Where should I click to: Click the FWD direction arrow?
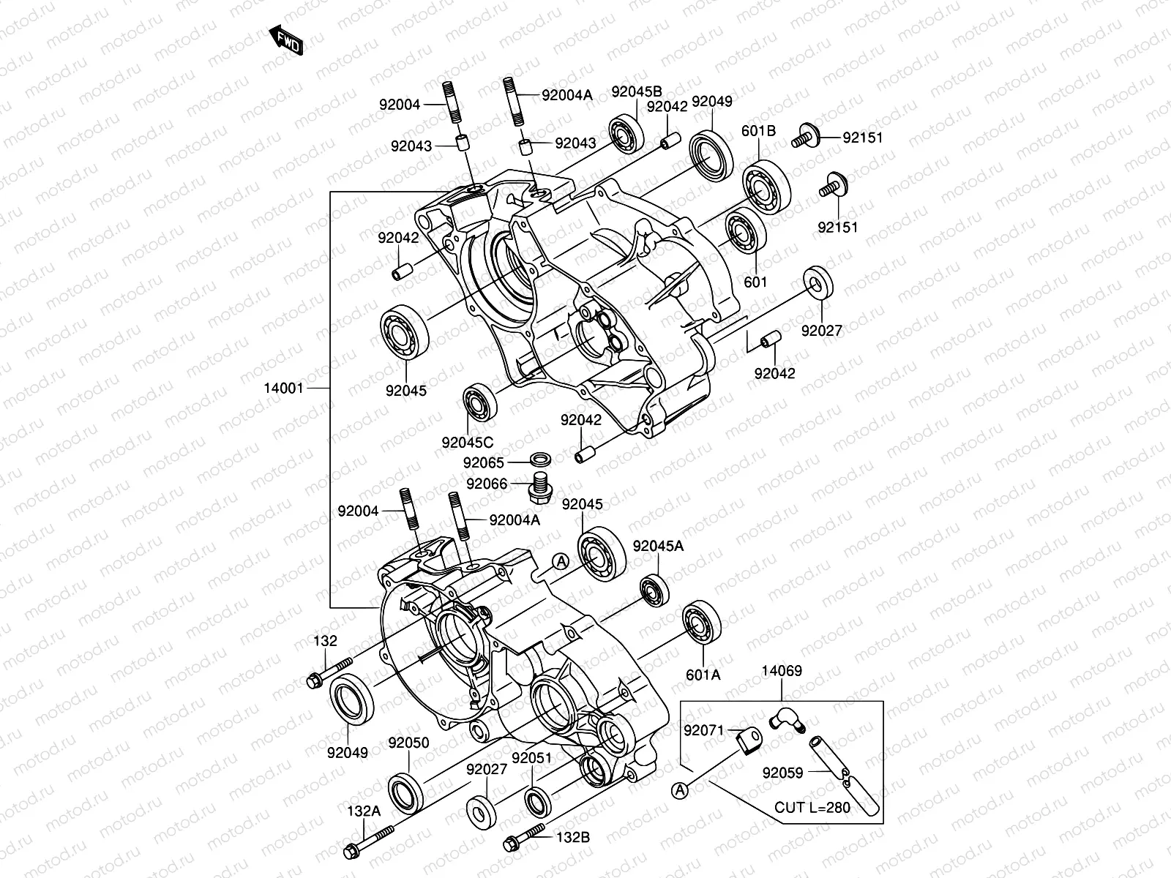tap(286, 40)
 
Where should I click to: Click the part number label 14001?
tap(283, 389)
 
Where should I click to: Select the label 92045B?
tap(636, 91)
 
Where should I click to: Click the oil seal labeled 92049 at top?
tap(712, 155)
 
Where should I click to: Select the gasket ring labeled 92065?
tap(540, 462)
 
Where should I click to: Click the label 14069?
tap(781, 671)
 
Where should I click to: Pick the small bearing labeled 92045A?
tap(654, 590)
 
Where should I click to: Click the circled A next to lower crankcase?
tap(560, 561)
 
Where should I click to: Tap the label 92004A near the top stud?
tap(566, 94)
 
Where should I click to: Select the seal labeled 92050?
tap(404, 792)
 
